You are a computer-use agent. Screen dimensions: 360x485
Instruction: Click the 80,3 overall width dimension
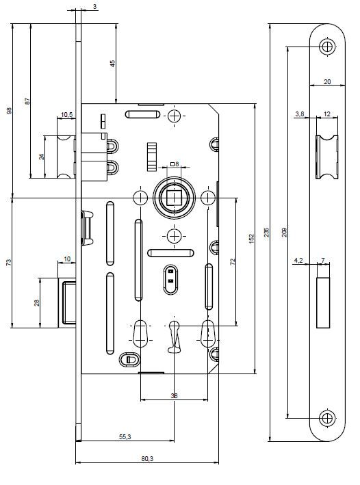(x=147, y=459)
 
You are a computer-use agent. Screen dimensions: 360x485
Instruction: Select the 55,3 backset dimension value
(x=125, y=436)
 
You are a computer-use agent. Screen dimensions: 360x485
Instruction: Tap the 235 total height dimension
(x=266, y=233)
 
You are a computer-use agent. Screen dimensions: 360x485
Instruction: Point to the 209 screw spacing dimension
(x=285, y=233)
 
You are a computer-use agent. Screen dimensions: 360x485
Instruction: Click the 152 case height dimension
(x=251, y=239)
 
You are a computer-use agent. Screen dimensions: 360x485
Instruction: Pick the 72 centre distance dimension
(x=233, y=262)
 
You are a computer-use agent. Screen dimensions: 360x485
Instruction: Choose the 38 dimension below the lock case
(x=175, y=395)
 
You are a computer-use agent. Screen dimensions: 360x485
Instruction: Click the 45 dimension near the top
(x=113, y=64)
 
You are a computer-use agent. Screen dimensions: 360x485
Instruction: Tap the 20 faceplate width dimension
(x=327, y=81)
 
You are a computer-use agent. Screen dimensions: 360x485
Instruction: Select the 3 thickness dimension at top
(x=94, y=6)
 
